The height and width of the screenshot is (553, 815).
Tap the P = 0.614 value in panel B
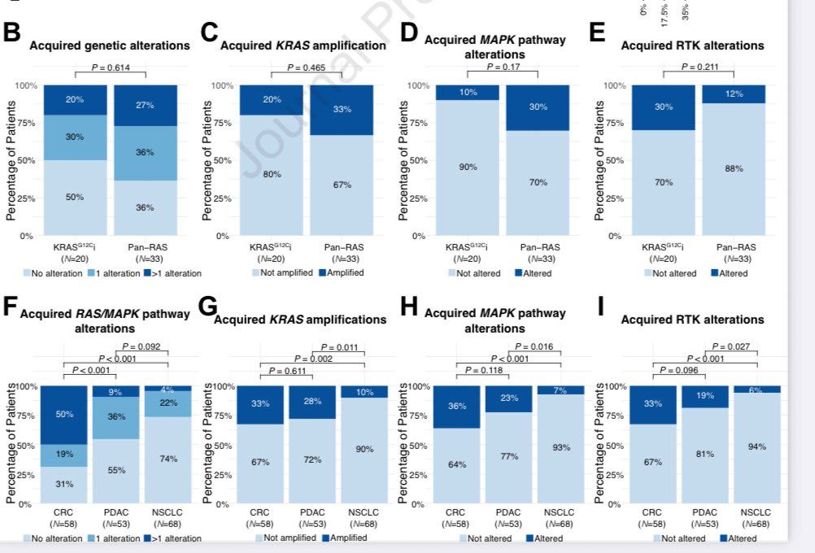click(x=110, y=67)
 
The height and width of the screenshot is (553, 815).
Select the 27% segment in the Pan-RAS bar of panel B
click(x=145, y=105)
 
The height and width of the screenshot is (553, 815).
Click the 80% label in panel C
click(x=272, y=174)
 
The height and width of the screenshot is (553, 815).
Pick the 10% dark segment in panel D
click(x=468, y=92)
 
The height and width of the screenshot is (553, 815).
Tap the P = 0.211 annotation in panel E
click(x=700, y=67)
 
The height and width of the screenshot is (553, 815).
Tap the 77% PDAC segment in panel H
click(x=508, y=456)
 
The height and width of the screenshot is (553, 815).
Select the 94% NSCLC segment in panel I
click(x=756, y=446)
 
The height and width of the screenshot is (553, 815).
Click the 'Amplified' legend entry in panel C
click(x=346, y=272)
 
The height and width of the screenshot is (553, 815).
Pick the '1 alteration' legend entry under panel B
click(x=119, y=273)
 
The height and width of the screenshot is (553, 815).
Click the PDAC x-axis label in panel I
click(x=704, y=513)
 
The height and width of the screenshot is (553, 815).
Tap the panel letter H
click(x=410, y=306)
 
